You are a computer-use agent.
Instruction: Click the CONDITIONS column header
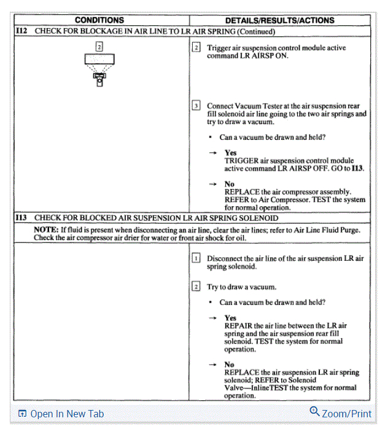pyautogui.click(x=99, y=20)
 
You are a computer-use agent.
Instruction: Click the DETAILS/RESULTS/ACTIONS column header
pyautogui.click(x=279, y=20)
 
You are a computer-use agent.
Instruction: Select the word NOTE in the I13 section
pyautogui.click(x=45, y=230)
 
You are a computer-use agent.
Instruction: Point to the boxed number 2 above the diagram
pyautogui.click(x=99, y=47)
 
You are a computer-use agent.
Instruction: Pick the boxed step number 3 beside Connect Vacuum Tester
pyautogui.click(x=196, y=106)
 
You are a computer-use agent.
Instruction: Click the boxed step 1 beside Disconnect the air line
pyautogui.click(x=196, y=258)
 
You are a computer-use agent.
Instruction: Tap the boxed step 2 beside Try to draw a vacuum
pyautogui.click(x=196, y=287)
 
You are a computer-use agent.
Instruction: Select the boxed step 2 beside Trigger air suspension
pyautogui.click(x=196, y=47)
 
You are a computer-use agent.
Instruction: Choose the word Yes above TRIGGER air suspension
pyautogui.click(x=230, y=153)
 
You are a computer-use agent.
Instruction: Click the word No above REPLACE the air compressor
pyautogui.click(x=229, y=184)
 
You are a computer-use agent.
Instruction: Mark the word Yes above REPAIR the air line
pyautogui.click(x=230, y=318)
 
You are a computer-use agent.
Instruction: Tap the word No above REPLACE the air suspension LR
pyautogui.click(x=229, y=365)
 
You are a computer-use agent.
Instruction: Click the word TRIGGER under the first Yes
pyautogui.click(x=242, y=161)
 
